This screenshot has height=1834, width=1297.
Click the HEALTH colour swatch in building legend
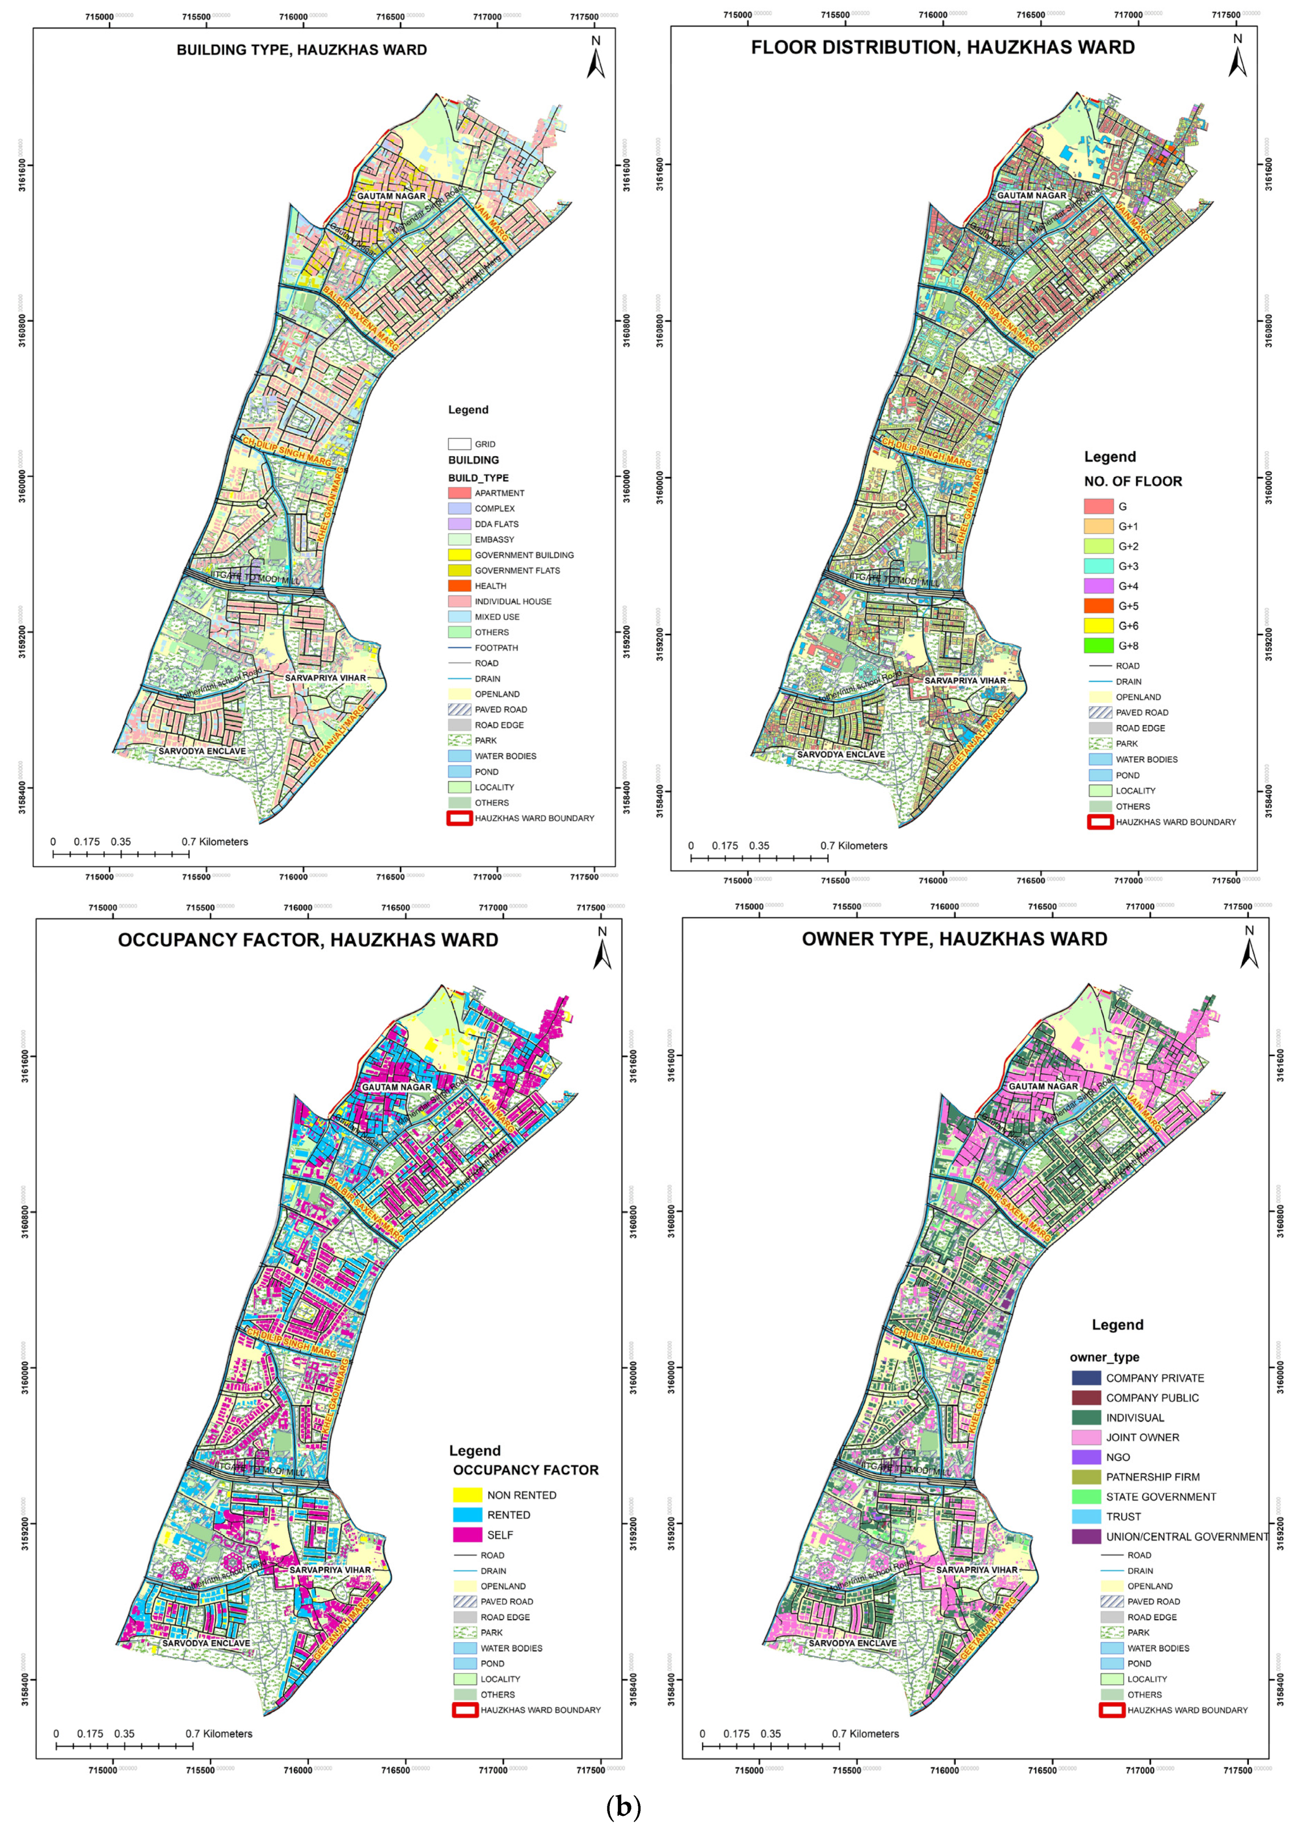[x=460, y=586]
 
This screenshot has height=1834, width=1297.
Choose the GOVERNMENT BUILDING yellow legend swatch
[x=460, y=555]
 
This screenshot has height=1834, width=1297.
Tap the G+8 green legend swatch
[x=1098, y=646]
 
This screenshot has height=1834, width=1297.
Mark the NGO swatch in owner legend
[x=1086, y=1458]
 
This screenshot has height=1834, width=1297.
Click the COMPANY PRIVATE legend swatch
[x=1086, y=1378]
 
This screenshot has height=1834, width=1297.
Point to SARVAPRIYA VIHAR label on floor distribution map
[x=965, y=681]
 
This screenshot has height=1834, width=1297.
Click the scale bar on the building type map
[x=121, y=854]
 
